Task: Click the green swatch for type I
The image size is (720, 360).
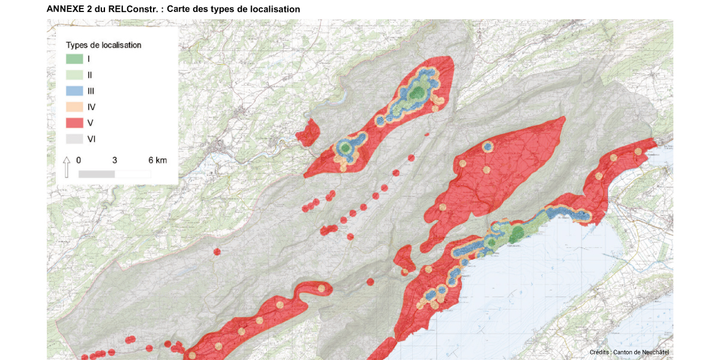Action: click(x=74, y=59)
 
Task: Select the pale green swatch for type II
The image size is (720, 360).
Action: click(x=74, y=75)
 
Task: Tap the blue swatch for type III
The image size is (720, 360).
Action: click(x=74, y=91)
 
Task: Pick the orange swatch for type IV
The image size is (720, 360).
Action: click(x=74, y=107)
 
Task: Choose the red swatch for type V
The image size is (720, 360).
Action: click(x=74, y=123)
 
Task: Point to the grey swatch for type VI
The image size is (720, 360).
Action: click(x=74, y=139)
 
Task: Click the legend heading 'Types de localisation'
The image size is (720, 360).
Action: click(x=103, y=45)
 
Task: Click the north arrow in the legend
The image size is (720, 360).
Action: click(x=67, y=167)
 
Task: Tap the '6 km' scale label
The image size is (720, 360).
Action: click(x=157, y=161)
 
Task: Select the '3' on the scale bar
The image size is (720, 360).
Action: click(x=115, y=161)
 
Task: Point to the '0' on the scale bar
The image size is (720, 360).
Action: click(x=79, y=161)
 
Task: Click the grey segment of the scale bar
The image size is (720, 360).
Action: click(x=97, y=174)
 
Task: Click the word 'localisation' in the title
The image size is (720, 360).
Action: click(x=275, y=10)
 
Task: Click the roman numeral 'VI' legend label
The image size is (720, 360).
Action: click(x=92, y=139)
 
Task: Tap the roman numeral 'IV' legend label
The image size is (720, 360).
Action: click(x=91, y=107)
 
